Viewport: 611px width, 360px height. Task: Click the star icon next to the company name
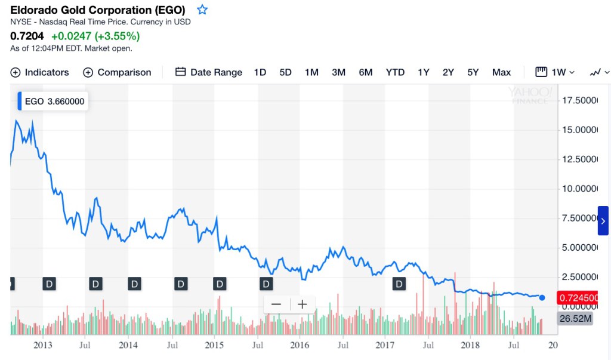pyautogui.click(x=202, y=10)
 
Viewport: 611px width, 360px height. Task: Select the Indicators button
pyautogui.click(x=40, y=72)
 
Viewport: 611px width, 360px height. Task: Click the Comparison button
pyautogui.click(x=117, y=72)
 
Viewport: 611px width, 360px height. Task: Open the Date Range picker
pyautogui.click(x=209, y=72)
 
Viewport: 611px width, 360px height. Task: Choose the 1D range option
pyautogui.click(x=260, y=72)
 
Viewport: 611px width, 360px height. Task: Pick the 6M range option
pyautogui.click(x=366, y=72)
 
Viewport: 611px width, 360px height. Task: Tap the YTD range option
pyautogui.click(x=395, y=72)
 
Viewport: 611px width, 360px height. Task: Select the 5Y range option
pyautogui.click(x=473, y=72)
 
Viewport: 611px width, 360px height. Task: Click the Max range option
pyautogui.click(x=501, y=72)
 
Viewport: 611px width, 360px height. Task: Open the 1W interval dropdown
pyautogui.click(x=555, y=72)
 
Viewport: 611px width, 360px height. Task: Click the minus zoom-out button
pyautogui.click(x=276, y=304)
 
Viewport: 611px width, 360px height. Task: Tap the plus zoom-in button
pyautogui.click(x=303, y=304)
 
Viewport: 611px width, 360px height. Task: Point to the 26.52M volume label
pyautogui.click(x=575, y=319)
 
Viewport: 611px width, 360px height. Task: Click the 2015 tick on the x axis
pyautogui.click(x=214, y=345)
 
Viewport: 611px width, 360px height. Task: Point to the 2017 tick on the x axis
pyautogui.click(x=385, y=345)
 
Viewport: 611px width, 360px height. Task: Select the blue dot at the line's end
pyautogui.click(x=542, y=297)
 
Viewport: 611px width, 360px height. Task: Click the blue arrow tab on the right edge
pyautogui.click(x=603, y=221)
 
